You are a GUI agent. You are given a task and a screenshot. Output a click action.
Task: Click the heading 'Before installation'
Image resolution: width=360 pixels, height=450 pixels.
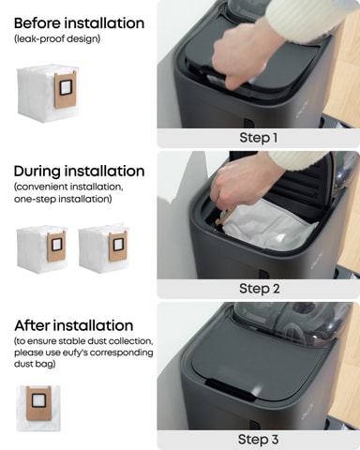click(x=79, y=23)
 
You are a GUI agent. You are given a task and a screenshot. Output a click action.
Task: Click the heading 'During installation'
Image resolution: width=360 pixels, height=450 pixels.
click(x=79, y=172)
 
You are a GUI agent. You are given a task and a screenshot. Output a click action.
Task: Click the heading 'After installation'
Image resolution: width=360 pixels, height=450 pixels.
click(x=74, y=325)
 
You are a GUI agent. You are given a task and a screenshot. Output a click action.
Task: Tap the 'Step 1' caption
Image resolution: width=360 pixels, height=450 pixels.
click(x=259, y=138)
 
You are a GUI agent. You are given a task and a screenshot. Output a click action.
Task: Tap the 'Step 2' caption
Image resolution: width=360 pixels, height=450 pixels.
click(x=260, y=289)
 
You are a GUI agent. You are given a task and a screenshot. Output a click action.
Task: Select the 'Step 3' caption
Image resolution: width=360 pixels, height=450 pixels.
click(x=258, y=440)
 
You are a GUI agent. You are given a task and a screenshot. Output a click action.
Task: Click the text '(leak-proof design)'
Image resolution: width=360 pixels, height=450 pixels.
click(x=57, y=39)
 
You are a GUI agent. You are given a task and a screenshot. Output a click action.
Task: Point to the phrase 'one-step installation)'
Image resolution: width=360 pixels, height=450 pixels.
click(x=63, y=199)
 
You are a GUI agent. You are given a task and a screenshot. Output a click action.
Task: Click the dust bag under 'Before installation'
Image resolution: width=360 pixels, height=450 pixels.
click(x=47, y=93)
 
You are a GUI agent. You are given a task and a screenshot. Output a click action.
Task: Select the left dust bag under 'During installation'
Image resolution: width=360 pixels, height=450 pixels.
click(x=42, y=249)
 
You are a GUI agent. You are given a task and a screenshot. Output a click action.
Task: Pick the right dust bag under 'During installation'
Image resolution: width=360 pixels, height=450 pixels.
click(x=104, y=248)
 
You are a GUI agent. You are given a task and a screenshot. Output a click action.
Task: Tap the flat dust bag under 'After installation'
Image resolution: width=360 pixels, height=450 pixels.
click(x=38, y=408)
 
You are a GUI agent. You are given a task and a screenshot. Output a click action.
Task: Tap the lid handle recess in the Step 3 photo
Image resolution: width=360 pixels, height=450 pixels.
click(x=231, y=390)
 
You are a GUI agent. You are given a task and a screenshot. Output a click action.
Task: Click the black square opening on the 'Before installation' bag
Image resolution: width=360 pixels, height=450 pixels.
click(x=66, y=87)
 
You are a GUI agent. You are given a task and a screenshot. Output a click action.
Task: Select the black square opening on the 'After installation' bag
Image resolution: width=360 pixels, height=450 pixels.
click(x=38, y=400)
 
